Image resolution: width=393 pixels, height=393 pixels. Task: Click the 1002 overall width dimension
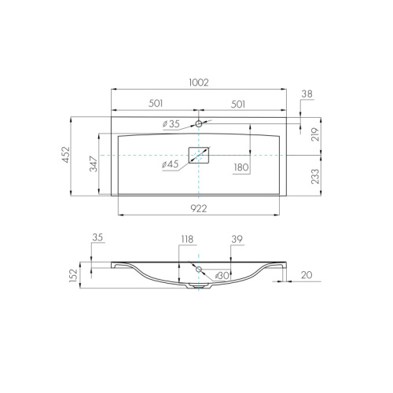pyautogui.click(x=199, y=83)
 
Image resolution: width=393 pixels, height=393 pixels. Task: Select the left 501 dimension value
pyautogui.click(x=156, y=104)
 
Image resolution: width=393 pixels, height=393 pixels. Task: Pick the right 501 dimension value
pyautogui.click(x=238, y=105)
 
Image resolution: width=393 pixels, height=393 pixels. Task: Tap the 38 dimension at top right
pyautogui.click(x=307, y=94)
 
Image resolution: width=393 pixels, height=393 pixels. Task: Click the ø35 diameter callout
pyautogui.click(x=171, y=124)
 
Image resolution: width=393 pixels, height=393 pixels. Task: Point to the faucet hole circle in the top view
pyautogui.click(x=199, y=123)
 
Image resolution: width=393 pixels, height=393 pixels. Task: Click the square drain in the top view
pyautogui.click(x=199, y=155)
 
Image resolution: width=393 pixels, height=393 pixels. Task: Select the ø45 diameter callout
pyautogui.click(x=170, y=164)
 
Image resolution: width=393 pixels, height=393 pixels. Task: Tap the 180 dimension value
pyautogui.click(x=241, y=167)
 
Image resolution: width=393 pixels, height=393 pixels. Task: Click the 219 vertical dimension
pyautogui.click(x=316, y=134)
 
